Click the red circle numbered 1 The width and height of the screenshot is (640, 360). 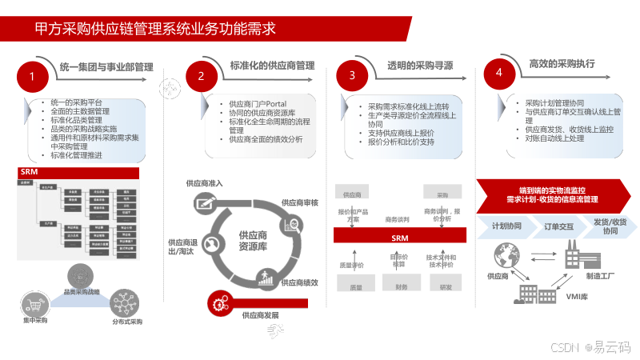(x=32, y=77)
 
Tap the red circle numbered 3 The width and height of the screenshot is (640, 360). (x=352, y=76)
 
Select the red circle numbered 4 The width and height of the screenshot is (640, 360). (x=499, y=73)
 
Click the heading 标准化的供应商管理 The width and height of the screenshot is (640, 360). (x=272, y=66)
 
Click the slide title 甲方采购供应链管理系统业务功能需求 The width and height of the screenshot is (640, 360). (x=156, y=30)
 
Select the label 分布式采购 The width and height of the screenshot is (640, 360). (x=127, y=322)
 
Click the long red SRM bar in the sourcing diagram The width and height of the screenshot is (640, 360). (x=400, y=238)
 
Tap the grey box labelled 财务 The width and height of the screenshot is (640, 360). (x=401, y=286)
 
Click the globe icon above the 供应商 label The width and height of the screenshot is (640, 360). (x=503, y=255)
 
